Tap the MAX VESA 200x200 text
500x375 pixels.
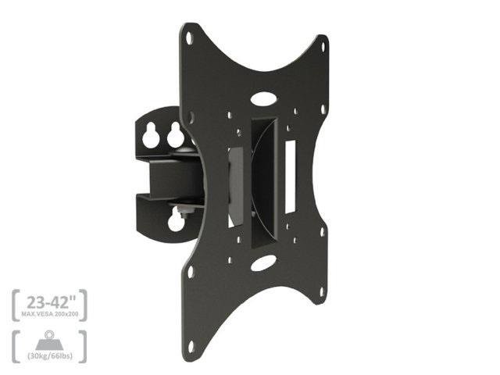coord(50,314)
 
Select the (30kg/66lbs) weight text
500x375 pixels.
coord(50,355)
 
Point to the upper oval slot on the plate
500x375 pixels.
coord(263,98)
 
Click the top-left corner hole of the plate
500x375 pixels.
coord(189,38)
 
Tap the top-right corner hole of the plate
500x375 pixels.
coord(323,47)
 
